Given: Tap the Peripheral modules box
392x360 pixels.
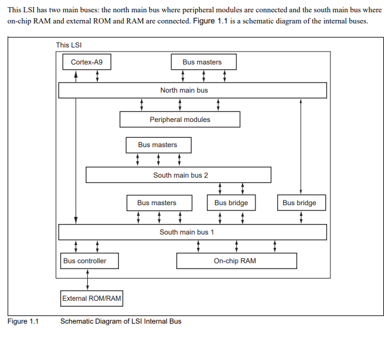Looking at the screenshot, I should [x=180, y=120].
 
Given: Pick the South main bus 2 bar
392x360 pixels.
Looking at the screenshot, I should [x=178, y=175].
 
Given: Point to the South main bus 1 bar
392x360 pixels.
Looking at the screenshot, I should [x=192, y=232].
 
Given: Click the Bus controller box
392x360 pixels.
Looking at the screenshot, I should [x=84, y=261].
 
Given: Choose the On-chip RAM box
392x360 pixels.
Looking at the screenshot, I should [x=236, y=261].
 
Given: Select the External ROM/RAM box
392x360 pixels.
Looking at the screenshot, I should [x=92, y=298].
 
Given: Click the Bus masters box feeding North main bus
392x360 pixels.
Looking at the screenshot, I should [x=202, y=62].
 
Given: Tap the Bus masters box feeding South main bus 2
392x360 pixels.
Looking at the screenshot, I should [x=158, y=145].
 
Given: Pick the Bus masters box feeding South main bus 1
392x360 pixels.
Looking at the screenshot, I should [x=157, y=203].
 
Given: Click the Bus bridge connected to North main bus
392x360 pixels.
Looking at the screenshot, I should [x=299, y=203].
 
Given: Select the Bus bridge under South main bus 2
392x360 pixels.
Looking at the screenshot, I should [x=231, y=203].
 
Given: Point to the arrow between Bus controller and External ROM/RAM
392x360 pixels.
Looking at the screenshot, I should [x=87, y=280].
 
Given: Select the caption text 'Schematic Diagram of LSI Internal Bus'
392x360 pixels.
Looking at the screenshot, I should [x=121, y=321].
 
